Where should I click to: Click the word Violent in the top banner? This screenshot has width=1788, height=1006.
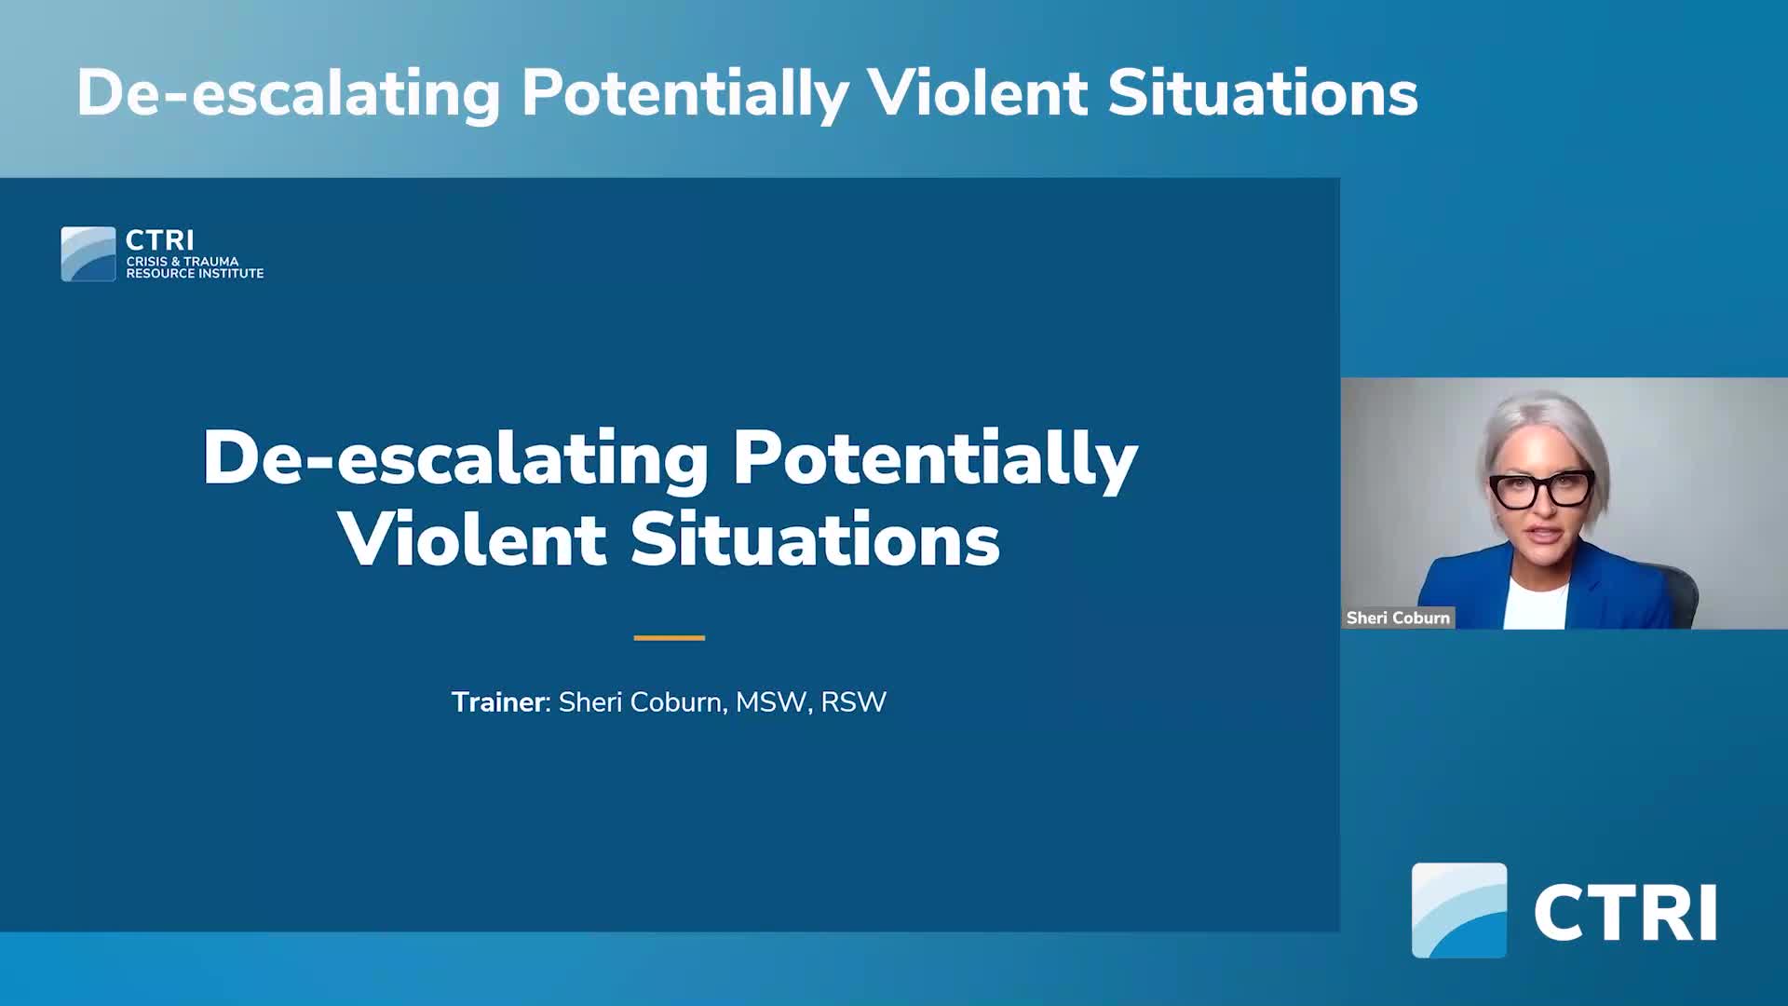977,93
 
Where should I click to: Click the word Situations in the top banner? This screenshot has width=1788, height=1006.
1262,93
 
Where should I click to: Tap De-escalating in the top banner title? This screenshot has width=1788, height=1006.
288,93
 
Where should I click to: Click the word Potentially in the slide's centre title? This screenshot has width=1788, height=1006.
935,458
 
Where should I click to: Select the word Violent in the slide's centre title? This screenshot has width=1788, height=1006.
472,540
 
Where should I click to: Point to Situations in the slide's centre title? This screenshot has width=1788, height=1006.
815,540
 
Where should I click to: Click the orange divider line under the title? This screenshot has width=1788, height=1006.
669,638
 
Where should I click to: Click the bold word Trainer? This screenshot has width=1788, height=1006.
497,701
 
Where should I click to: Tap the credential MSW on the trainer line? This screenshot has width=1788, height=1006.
770,701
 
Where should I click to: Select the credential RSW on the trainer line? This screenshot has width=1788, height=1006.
853,701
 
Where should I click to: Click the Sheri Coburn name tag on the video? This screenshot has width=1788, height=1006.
1398,618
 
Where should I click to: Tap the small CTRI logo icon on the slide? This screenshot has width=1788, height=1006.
88,253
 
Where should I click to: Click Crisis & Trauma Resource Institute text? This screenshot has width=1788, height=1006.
195,267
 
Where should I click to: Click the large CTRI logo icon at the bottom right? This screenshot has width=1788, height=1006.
1458,910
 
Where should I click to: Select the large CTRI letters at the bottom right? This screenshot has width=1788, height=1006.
1625,914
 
